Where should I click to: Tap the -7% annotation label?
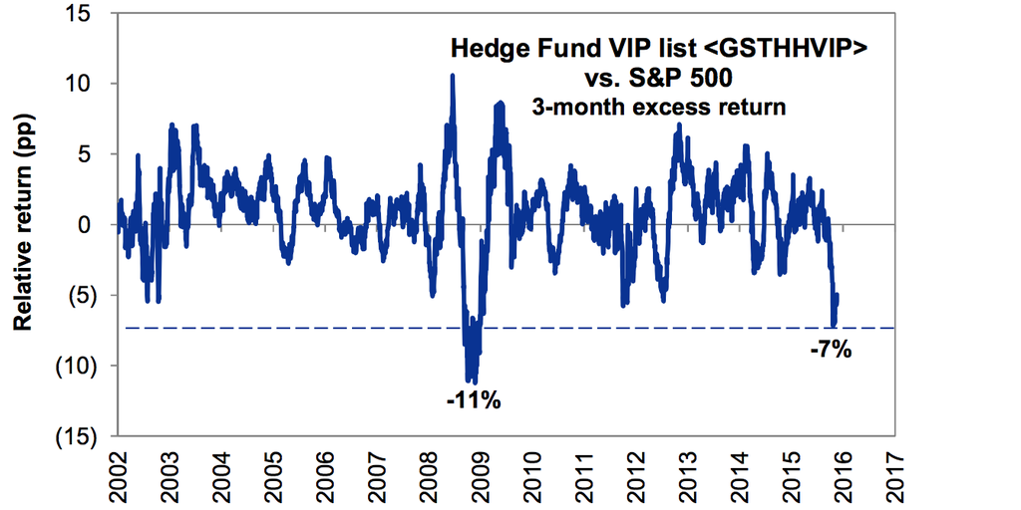coord(830,350)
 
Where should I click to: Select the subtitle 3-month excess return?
coord(658,108)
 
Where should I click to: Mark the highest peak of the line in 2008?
coord(453,76)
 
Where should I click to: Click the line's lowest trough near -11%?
coord(475,382)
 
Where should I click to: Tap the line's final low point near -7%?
coord(834,325)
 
